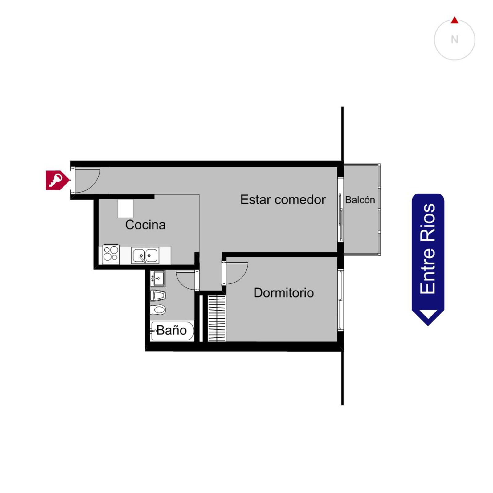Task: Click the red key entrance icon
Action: (x=57, y=180)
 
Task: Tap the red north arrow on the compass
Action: (x=454, y=20)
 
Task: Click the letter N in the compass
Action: (x=454, y=40)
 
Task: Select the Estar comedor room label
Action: (x=283, y=200)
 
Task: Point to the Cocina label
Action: (x=145, y=225)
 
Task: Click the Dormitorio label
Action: (x=284, y=293)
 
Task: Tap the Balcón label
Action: (x=360, y=200)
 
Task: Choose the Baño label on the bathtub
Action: (x=172, y=330)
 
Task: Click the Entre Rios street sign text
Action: (x=428, y=249)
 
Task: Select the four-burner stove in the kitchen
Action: (x=111, y=254)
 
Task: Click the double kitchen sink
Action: (x=145, y=255)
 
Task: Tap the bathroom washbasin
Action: (x=158, y=279)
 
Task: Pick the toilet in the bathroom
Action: (x=158, y=310)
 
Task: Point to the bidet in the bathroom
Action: (x=158, y=296)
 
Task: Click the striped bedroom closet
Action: (x=217, y=318)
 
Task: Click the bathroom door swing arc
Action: (x=182, y=283)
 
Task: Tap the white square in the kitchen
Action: (x=126, y=209)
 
